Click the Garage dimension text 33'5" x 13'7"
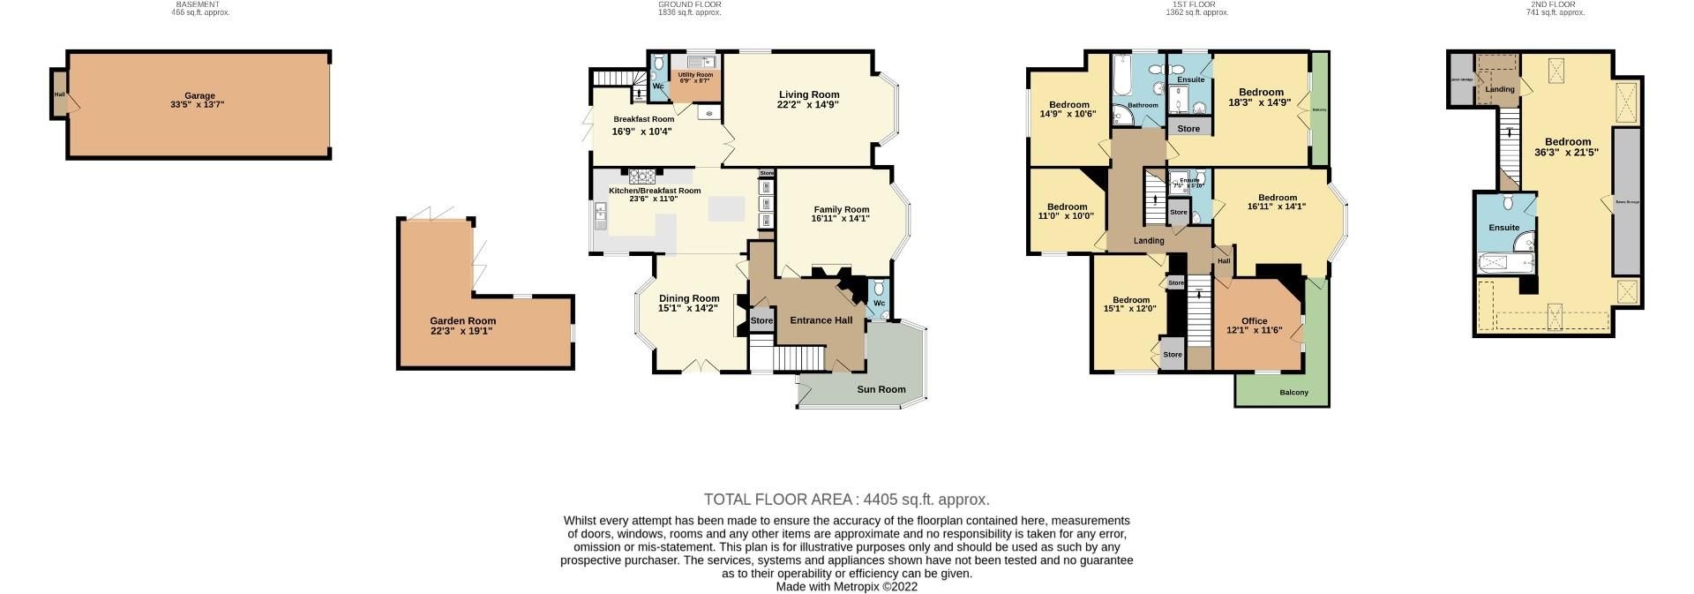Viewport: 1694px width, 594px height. pos(199,106)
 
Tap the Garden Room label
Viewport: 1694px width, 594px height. pos(462,321)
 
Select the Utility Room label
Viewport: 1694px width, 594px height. pos(695,75)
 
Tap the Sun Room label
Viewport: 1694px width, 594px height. pos(881,389)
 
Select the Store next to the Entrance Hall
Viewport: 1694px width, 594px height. pos(761,321)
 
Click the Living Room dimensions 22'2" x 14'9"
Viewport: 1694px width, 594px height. pos(808,105)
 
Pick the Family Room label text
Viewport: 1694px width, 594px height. pos(841,210)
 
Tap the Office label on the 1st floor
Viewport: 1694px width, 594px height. pos(1254,321)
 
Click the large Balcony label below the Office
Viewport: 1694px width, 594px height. pos(1293,393)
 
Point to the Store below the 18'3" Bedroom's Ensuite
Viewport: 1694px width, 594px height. pos(1188,129)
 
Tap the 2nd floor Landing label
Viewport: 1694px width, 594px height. pos(1500,89)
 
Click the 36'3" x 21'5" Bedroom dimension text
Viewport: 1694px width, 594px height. pos(1567,153)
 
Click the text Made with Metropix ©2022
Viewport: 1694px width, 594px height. pos(846,587)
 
